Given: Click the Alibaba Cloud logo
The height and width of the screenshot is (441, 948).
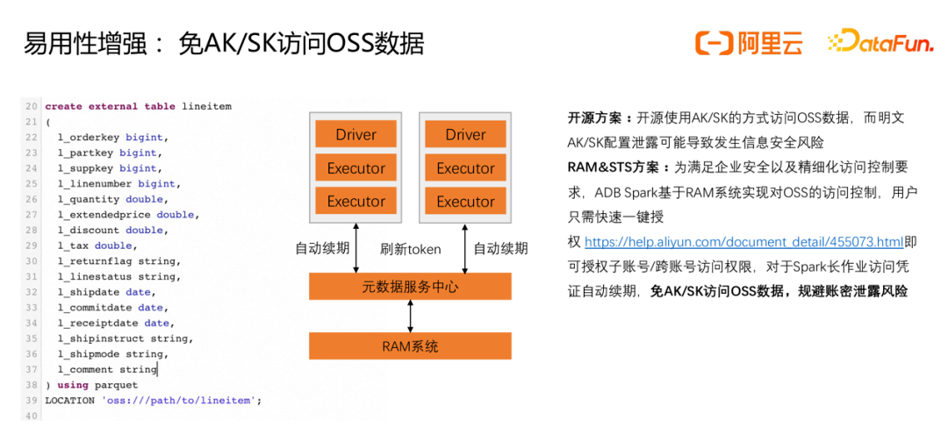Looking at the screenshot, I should (748, 42).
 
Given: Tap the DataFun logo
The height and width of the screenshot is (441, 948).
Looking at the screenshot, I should (880, 42).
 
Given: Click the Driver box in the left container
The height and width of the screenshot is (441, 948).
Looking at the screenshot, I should (355, 134).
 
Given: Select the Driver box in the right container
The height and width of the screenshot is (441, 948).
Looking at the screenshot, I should (465, 134).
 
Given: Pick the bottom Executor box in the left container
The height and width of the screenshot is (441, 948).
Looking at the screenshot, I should (355, 201).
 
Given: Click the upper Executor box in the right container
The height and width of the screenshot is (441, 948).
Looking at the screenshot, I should (465, 167).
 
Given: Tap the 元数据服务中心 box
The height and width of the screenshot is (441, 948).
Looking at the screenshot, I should (410, 287).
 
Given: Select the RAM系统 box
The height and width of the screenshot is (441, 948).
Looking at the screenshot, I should (410, 345).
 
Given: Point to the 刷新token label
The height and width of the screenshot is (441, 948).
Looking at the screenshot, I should (410, 249).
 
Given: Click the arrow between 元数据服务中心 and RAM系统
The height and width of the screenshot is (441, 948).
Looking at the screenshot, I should (410, 316).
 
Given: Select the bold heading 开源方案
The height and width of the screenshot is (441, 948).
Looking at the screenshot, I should (597, 117).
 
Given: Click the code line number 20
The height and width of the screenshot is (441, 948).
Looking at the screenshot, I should (32, 106).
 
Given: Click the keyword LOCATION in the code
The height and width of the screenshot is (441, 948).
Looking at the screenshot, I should (70, 400).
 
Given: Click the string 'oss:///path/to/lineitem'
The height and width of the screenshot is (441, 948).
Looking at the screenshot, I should (180, 400).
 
